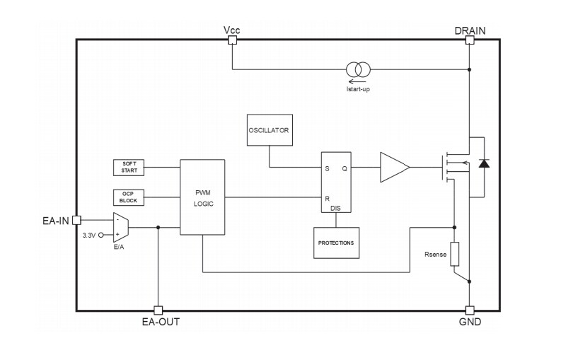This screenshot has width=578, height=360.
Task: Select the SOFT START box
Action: tap(129, 168)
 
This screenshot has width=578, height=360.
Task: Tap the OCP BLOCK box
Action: tap(129, 197)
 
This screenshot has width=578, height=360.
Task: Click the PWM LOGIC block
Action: tap(202, 197)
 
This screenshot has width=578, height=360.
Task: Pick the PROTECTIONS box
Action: tap(336, 243)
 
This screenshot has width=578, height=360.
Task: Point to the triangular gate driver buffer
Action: tap(393, 168)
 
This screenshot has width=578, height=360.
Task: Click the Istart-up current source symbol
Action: tap(357, 69)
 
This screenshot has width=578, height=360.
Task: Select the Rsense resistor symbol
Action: tap(454, 254)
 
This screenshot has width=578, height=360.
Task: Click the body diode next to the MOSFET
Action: tap(484, 164)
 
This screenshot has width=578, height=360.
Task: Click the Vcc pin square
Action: tap(232, 40)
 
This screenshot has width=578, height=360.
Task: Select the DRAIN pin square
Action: tap(470, 40)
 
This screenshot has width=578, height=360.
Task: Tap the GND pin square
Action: tap(470, 310)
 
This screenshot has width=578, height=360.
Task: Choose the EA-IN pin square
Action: tap(76, 220)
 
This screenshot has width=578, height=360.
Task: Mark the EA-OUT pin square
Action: tap(158, 310)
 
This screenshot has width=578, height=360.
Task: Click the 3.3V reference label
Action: tap(88, 235)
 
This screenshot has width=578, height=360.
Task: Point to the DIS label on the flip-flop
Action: tap(335, 208)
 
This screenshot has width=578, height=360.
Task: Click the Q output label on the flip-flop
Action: tap(345, 168)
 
